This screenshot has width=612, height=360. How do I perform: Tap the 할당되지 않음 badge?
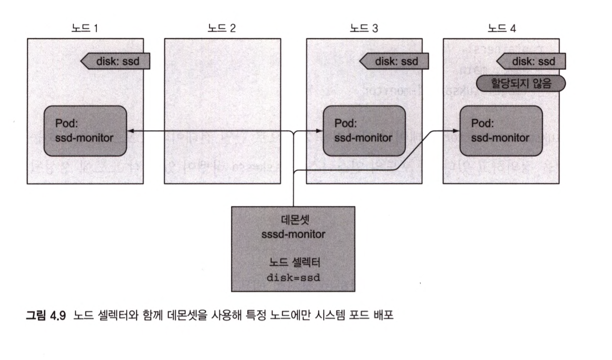coord(521,83)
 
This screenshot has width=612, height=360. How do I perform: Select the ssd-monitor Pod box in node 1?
coord(84,131)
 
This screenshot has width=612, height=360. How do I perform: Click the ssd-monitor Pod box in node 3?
coord(364,131)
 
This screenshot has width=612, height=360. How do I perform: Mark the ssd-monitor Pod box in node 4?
coord(502,131)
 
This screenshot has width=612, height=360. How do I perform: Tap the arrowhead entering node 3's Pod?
coord(320,131)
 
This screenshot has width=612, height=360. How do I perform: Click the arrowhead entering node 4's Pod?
coord(457,131)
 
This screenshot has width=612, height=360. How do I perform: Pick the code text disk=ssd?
coord(293,276)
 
